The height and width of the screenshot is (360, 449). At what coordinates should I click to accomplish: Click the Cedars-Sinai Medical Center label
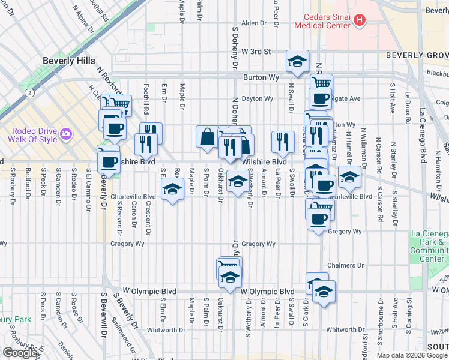pyautogui.click(x=322, y=21)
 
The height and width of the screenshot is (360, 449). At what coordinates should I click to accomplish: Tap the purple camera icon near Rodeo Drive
pyautogui.click(x=66, y=133)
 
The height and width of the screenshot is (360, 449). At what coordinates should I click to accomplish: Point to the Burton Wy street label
pyautogui.click(x=262, y=77)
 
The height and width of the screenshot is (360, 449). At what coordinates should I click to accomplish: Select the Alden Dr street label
pyautogui.click(x=253, y=23)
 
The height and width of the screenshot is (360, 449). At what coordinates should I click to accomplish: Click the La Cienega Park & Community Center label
pyautogui.click(x=429, y=246)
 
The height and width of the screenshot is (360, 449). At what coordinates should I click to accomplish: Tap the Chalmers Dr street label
pyautogui.click(x=343, y=265)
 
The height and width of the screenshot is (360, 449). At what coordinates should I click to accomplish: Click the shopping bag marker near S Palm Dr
pyautogui.click(x=207, y=137)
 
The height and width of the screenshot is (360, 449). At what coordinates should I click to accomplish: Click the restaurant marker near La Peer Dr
pyautogui.click(x=282, y=142)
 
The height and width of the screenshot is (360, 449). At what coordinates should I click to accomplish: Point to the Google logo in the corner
pyautogui.click(x=20, y=353)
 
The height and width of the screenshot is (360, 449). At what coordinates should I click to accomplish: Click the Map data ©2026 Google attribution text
pyautogui.click(x=412, y=355)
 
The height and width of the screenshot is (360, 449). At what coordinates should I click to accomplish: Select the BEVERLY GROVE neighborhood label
pyautogui.click(x=415, y=55)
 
